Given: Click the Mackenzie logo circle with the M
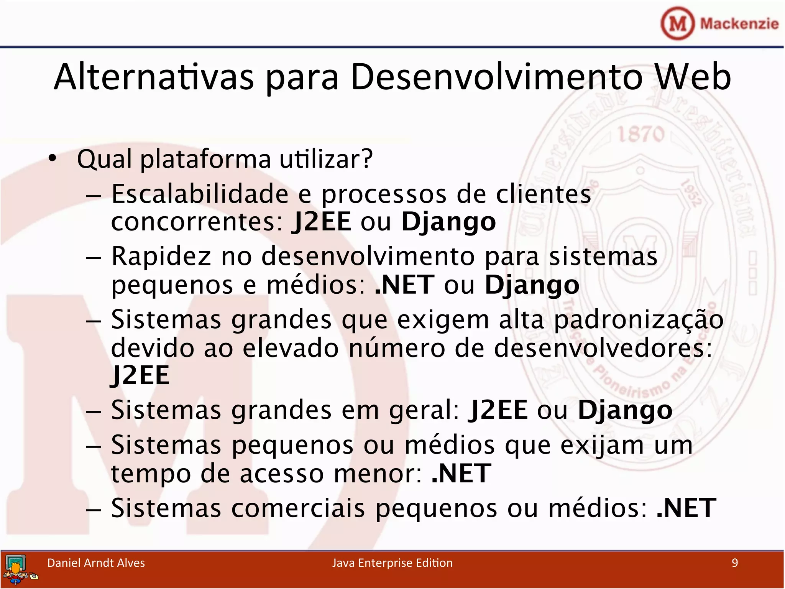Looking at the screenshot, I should (x=677, y=24).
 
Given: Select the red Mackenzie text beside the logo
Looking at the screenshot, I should (x=739, y=24).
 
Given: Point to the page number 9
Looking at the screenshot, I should (x=734, y=563).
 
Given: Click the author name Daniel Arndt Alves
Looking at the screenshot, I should (x=96, y=563).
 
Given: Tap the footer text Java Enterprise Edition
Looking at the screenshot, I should (x=392, y=563).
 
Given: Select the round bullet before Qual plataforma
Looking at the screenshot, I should (x=53, y=158).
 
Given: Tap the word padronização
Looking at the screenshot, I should (x=639, y=320).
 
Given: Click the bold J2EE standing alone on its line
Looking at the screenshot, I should (x=140, y=375).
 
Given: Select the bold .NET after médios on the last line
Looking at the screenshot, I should (x=686, y=508).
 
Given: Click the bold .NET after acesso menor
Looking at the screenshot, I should (x=461, y=473).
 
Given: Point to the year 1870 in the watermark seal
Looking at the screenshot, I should (x=641, y=135).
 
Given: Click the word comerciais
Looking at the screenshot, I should (x=298, y=508).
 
